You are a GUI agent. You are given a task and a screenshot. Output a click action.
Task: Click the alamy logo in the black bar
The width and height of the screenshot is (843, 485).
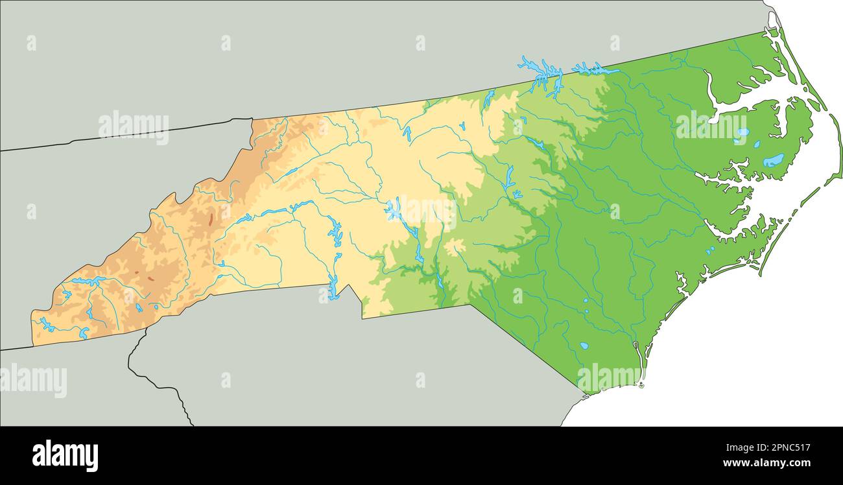(x=65, y=455)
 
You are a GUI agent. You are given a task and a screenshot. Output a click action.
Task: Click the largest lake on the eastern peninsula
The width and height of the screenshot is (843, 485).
(x=772, y=160)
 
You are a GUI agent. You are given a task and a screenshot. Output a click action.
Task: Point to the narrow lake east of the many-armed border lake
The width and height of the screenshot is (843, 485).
(x=593, y=68)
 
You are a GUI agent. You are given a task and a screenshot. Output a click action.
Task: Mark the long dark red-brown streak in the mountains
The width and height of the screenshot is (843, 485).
(x=210, y=219)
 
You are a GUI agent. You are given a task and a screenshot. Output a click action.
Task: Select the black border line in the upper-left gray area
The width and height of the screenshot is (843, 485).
(x=130, y=136)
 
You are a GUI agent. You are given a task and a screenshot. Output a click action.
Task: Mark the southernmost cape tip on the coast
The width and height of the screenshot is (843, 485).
(x=641, y=385)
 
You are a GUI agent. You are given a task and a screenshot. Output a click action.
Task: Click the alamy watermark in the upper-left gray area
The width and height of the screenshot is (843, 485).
(x=134, y=126)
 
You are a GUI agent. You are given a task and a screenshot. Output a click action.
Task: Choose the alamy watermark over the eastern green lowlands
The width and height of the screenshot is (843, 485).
(x=711, y=126)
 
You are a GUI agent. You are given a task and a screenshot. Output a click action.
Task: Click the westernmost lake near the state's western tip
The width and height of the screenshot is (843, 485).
(x=45, y=324)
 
